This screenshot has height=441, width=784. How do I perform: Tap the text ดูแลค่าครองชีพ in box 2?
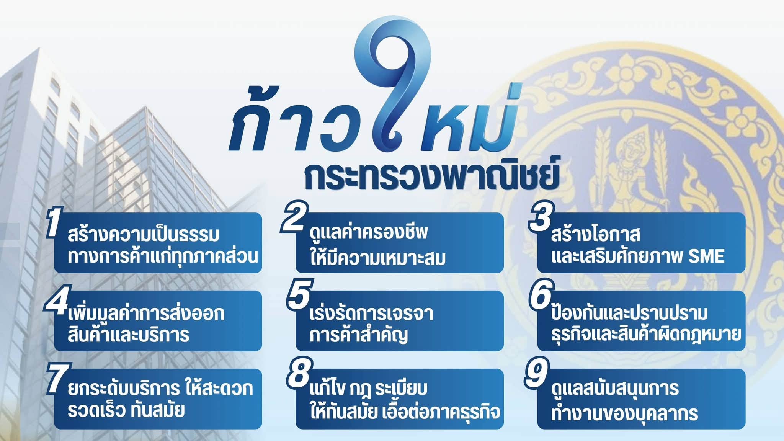point(369,233)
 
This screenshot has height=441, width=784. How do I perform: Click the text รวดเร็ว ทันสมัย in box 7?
point(126,410)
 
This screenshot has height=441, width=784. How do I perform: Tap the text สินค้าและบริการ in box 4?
point(128,334)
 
